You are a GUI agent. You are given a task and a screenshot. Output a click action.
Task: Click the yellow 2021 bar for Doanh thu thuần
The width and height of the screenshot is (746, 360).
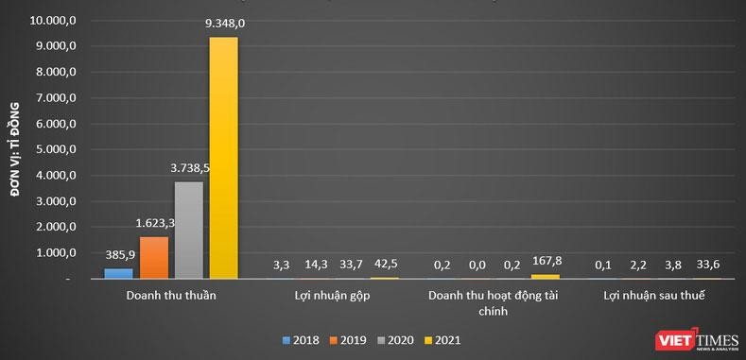[x=223, y=158]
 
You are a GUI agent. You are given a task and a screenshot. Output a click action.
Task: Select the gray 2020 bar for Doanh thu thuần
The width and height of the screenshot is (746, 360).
[x=188, y=230]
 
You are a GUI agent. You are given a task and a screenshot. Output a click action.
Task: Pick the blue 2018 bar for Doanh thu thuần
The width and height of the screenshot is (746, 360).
[x=118, y=273]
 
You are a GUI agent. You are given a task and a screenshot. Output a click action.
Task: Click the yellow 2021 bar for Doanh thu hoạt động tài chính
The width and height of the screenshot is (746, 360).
[x=546, y=276]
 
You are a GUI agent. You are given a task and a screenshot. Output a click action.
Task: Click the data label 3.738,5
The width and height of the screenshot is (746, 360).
[x=190, y=168]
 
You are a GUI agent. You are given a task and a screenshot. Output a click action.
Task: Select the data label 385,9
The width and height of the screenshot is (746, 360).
[x=119, y=255]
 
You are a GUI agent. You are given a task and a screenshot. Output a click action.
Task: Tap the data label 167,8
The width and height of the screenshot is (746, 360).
[x=547, y=261]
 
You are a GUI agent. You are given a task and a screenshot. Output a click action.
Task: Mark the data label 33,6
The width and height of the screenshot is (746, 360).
[x=708, y=265]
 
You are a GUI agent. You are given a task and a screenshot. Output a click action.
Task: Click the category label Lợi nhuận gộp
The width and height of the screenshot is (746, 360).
[x=331, y=297]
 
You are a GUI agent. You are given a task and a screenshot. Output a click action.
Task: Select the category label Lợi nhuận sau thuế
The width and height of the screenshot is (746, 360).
[x=654, y=297]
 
